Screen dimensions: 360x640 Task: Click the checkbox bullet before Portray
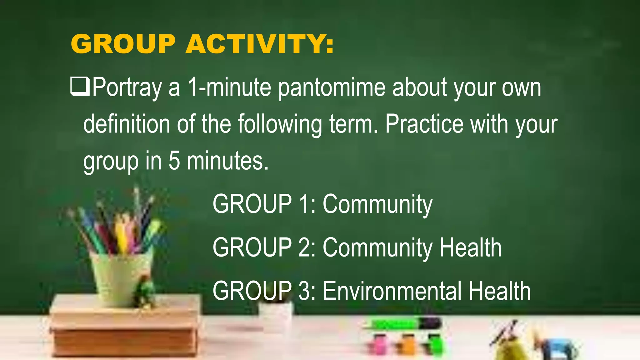pyautogui.click(x=80, y=87)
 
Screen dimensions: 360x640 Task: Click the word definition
pyautogui.click(x=127, y=124)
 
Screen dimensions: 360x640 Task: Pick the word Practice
pyautogui.click(x=424, y=124)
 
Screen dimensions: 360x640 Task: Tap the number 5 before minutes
pyautogui.click(x=174, y=161)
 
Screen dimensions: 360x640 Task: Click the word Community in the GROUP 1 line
pyautogui.click(x=377, y=205)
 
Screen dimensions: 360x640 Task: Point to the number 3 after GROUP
pyautogui.click(x=304, y=291)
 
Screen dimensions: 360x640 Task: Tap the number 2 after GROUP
pyautogui.click(x=304, y=247)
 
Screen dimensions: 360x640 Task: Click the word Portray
pyautogui.click(x=127, y=88)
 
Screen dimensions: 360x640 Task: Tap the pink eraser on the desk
pyautogui.click(x=379, y=344)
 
